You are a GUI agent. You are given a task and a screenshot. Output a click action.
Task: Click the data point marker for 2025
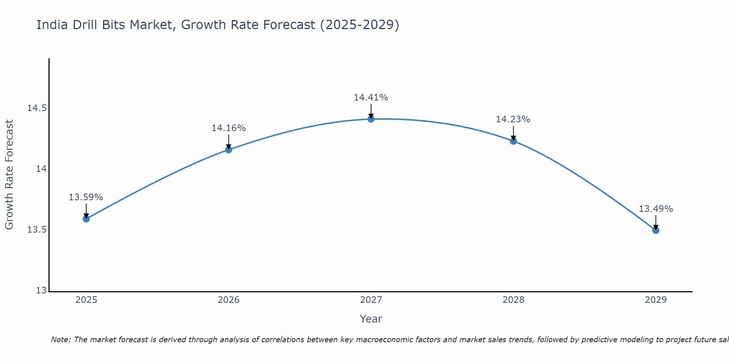[x=86, y=219]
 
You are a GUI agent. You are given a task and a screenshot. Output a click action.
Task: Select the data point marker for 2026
[x=229, y=150]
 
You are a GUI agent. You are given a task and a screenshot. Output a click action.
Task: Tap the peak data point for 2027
[x=371, y=119]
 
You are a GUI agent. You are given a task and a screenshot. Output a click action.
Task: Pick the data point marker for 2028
[x=513, y=141]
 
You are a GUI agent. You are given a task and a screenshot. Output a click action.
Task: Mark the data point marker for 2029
[x=656, y=230]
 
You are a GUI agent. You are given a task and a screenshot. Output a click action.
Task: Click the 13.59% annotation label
[x=86, y=197]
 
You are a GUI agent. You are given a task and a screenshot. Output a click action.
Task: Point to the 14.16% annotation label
[x=229, y=128]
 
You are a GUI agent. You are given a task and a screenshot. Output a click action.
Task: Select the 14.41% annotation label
[x=371, y=98]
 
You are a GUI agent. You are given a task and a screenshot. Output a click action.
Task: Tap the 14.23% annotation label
[x=513, y=119]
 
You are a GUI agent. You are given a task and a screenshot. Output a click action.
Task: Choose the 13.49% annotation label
[x=656, y=209]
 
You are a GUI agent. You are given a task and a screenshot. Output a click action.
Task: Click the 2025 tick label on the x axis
[x=86, y=300]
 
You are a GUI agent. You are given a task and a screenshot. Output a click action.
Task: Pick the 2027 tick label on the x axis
[x=371, y=300]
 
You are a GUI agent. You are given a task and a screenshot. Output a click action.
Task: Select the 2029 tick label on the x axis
[x=656, y=300]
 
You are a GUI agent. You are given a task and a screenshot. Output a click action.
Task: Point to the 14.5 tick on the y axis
[x=37, y=108]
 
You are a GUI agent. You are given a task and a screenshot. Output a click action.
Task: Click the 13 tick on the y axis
[x=42, y=290]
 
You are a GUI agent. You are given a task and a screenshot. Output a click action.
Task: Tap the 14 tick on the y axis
[x=41, y=169]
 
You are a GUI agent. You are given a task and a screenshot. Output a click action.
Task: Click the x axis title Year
[x=371, y=319]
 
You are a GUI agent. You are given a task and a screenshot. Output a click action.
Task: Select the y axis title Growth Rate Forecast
[x=9, y=175]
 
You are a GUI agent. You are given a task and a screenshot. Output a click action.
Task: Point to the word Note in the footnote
[x=60, y=340]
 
